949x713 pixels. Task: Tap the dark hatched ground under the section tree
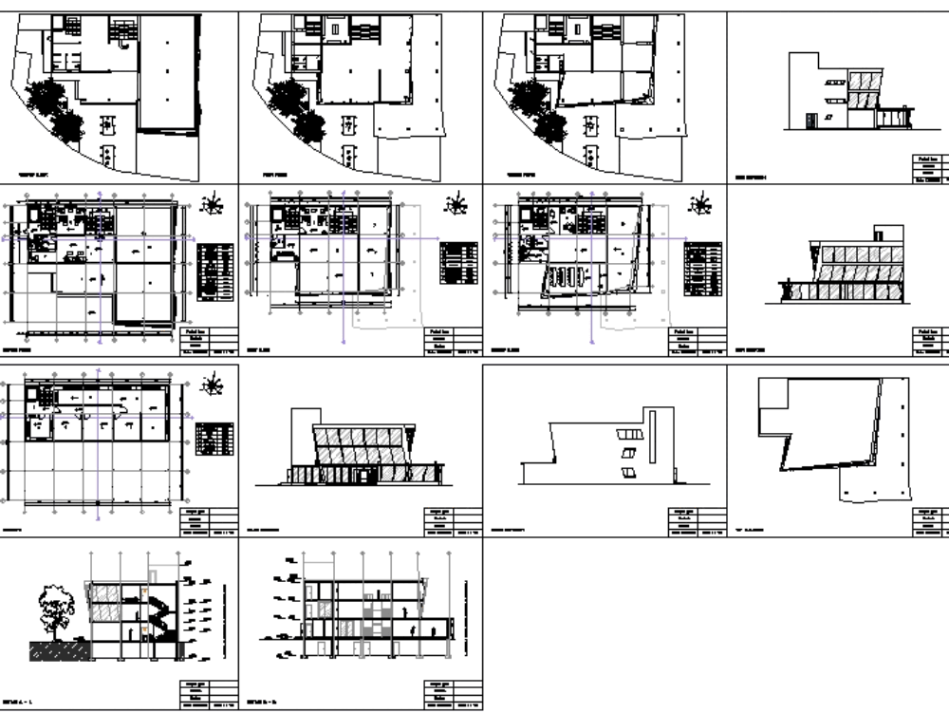coord(59,650)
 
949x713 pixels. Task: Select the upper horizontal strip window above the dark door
coord(834,84)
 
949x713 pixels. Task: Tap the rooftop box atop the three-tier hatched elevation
coord(889,233)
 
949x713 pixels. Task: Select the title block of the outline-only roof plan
coord(930,522)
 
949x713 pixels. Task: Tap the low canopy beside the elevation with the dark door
coord(892,117)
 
